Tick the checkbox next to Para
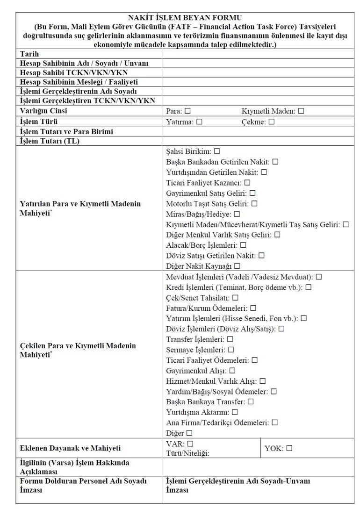tap(187, 111)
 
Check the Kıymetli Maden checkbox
tap(301, 111)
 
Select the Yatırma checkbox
tap(199, 122)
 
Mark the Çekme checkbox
tap(272, 122)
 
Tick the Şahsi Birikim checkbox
tap(217, 151)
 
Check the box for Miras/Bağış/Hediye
tap(237, 214)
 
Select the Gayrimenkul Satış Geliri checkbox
tap(252, 193)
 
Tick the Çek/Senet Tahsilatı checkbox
tap(235, 298)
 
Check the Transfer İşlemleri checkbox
tap(230, 339)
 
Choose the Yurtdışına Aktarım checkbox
tap(235, 412)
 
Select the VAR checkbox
tap(190, 444)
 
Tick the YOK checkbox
tap(289, 448)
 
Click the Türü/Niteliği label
tap(187, 453)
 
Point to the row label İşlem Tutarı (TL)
tap(50, 141)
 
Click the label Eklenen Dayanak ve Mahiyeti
tap(70, 448)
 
